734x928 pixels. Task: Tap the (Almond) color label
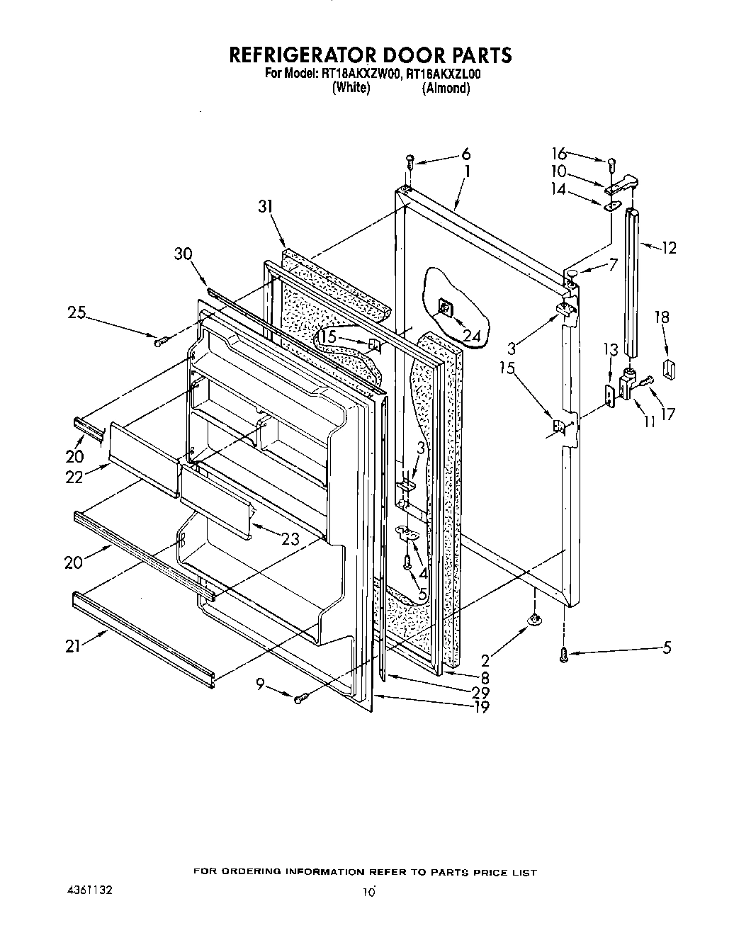(446, 89)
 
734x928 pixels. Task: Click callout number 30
(183, 254)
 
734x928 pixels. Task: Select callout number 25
(77, 312)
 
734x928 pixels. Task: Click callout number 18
(662, 317)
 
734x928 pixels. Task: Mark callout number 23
(290, 539)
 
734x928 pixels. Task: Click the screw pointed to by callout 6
(410, 162)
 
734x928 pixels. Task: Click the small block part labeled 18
(667, 368)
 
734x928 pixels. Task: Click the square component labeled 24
(446, 308)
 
